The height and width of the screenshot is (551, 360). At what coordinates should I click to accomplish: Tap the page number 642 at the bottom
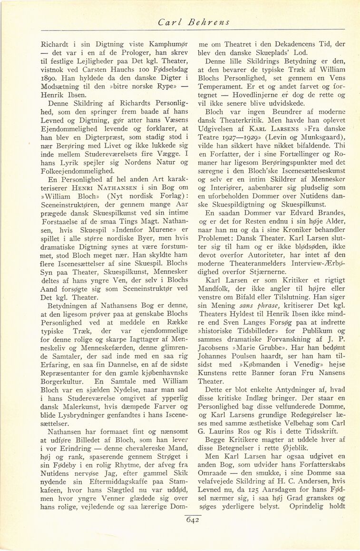pyautogui.click(x=192, y=520)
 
